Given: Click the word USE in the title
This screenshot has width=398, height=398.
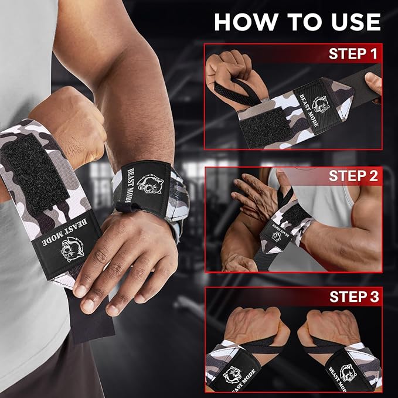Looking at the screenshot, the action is click(356, 22).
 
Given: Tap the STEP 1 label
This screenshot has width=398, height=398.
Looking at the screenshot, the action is click(353, 53).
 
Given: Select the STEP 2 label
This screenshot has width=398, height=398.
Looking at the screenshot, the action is click(353, 176).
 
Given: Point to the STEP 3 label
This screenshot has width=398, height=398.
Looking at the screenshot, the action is click(354, 297).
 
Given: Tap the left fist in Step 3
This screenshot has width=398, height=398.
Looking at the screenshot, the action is click(256, 328).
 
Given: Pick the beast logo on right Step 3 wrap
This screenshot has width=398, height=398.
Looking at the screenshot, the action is click(348, 373).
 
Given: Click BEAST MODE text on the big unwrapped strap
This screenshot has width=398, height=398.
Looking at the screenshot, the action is click(65, 232).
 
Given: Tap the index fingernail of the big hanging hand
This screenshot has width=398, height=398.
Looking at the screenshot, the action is click(80, 290).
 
